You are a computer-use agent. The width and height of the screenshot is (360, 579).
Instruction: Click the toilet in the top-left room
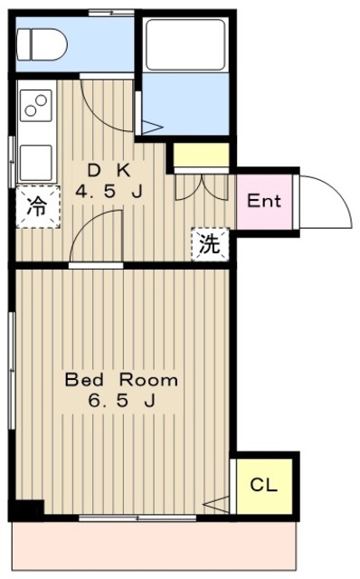(x=43, y=44)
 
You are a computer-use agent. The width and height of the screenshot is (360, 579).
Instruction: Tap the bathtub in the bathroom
(x=185, y=44)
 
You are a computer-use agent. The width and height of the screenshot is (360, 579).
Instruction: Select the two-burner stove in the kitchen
(x=36, y=105)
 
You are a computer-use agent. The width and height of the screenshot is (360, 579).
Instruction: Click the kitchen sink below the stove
(x=36, y=163)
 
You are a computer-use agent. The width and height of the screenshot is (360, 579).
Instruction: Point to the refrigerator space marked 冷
(x=38, y=207)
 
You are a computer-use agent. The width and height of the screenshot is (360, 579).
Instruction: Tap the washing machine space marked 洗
(x=210, y=244)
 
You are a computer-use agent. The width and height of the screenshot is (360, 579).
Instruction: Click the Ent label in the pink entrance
(x=264, y=201)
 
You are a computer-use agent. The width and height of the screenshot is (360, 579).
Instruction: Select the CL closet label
(x=263, y=485)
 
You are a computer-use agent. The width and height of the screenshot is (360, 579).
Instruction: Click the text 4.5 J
(x=109, y=192)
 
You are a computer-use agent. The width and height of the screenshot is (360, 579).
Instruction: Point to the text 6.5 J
(x=121, y=400)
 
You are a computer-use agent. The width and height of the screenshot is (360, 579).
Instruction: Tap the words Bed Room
(x=121, y=380)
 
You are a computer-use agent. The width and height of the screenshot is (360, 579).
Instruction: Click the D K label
(x=109, y=171)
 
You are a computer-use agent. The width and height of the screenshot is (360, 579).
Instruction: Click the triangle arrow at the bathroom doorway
(x=152, y=128)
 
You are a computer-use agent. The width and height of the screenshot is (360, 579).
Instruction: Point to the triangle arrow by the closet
(x=216, y=505)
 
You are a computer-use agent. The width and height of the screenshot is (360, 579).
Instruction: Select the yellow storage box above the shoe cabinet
(x=201, y=155)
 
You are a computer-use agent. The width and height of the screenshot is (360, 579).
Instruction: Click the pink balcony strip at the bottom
(x=155, y=546)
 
